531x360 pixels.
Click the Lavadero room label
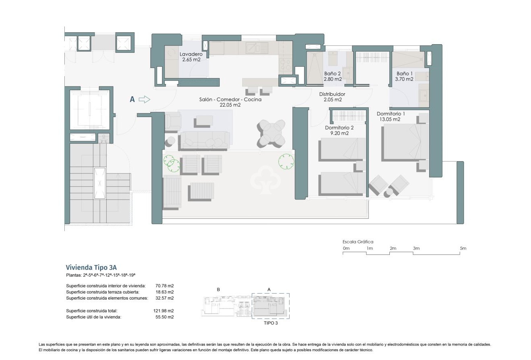[x=190, y=57]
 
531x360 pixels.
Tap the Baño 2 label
[x=333, y=76]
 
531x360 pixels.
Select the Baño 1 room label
[x=405, y=76]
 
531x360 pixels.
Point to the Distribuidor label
[x=332, y=97]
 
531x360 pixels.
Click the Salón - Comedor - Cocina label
[x=230, y=102]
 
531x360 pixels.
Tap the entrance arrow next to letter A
[x=144, y=99]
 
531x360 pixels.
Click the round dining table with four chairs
[x=272, y=132]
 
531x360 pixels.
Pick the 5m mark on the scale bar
[x=463, y=249]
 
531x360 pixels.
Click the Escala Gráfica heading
[x=358, y=242]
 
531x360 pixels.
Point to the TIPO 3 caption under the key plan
[x=270, y=323]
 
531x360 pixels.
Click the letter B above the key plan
[x=218, y=289]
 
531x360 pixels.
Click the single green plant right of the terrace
[x=286, y=162]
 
